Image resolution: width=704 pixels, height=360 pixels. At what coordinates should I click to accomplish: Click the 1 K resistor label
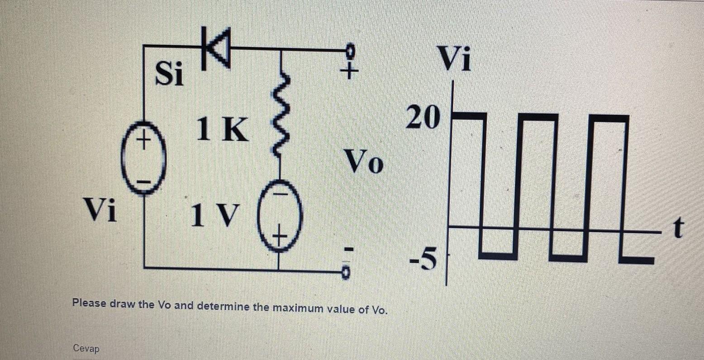pyautogui.click(x=223, y=129)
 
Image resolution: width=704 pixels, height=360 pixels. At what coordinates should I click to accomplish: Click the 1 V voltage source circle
pyautogui.click(x=278, y=219)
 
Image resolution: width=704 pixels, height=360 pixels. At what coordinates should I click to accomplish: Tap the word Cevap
pyautogui.click(x=86, y=348)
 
